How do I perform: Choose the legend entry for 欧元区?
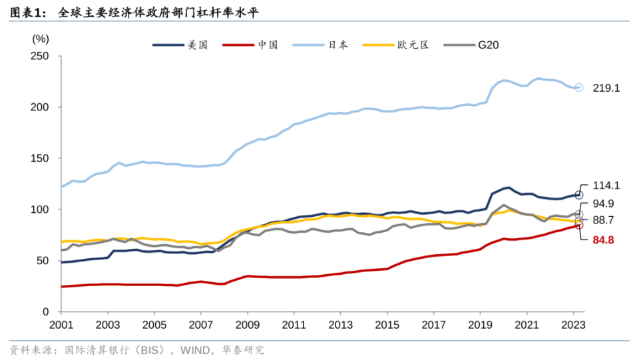click(413, 45)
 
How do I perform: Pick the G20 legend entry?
click(488, 45)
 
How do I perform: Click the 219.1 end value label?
click(606, 88)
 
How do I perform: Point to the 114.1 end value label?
click(606, 186)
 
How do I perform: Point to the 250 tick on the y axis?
click(42, 56)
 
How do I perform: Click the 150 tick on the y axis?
click(42, 158)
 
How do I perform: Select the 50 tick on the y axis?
click(45, 261)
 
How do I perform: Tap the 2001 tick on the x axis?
click(61, 325)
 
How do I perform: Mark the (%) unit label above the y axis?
click(41, 39)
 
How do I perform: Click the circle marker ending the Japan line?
click(578, 87)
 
